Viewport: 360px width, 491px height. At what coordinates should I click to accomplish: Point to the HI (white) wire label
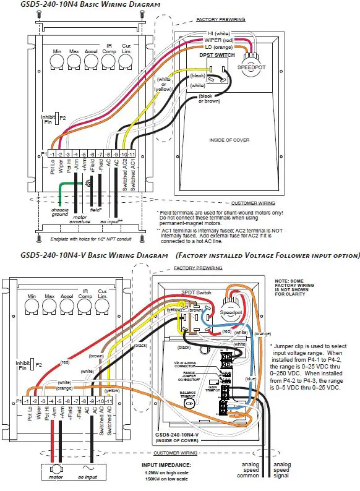point(218,32)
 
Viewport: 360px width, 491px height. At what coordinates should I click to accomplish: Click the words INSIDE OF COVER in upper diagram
point(229,140)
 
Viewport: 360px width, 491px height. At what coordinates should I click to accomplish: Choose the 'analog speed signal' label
point(282,471)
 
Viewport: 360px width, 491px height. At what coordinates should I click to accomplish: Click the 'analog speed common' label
point(248,471)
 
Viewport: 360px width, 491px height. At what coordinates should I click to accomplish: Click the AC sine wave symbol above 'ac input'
point(87,466)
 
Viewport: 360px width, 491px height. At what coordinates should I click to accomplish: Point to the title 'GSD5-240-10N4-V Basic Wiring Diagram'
point(95,255)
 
